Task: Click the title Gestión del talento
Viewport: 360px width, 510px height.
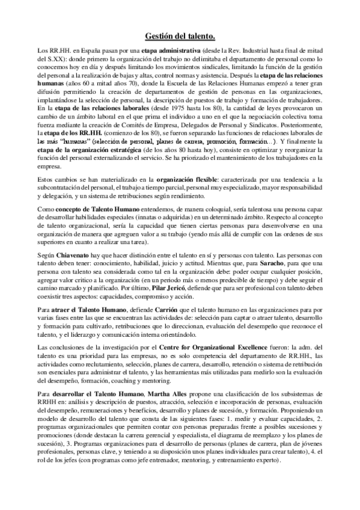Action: click(180, 37)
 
